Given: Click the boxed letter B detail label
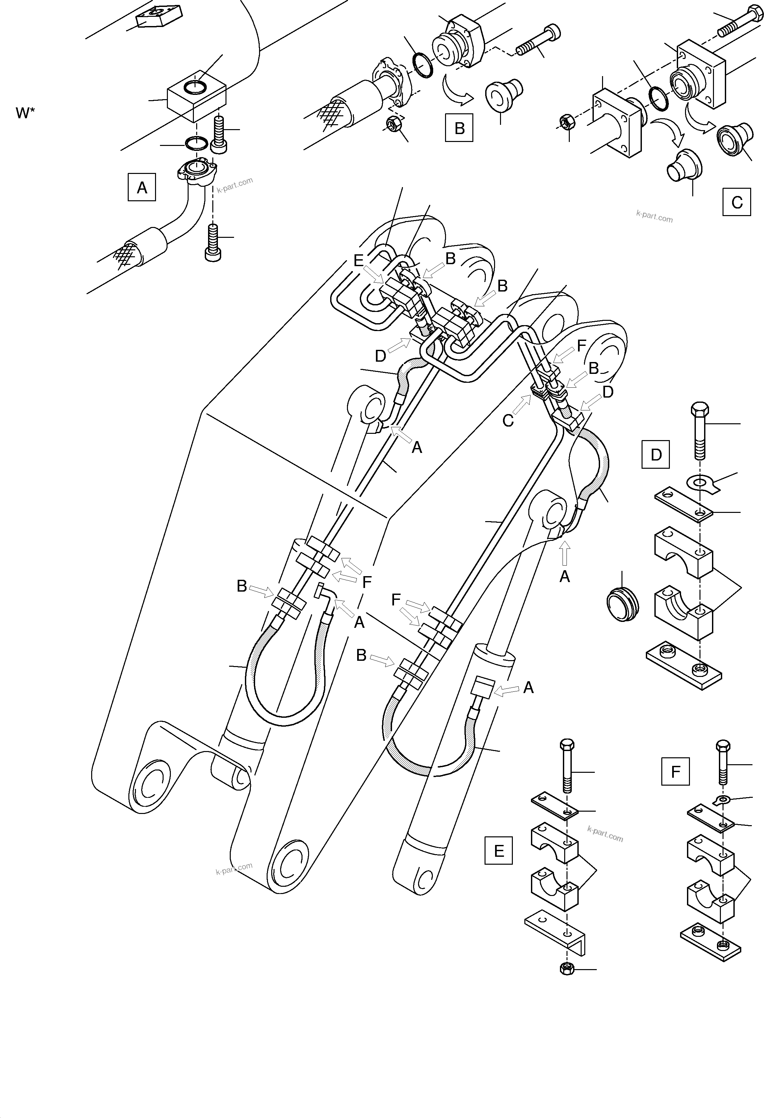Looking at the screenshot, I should pyautogui.click(x=459, y=128).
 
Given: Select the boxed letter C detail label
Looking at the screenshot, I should pyautogui.click(x=737, y=202).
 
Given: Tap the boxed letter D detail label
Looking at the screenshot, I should pyautogui.click(x=656, y=455).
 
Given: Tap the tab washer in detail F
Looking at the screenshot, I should pyautogui.click(x=721, y=800).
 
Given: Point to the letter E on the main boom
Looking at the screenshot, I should pyautogui.click(x=358, y=261).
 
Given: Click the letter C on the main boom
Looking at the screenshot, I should pyautogui.click(x=508, y=421).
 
